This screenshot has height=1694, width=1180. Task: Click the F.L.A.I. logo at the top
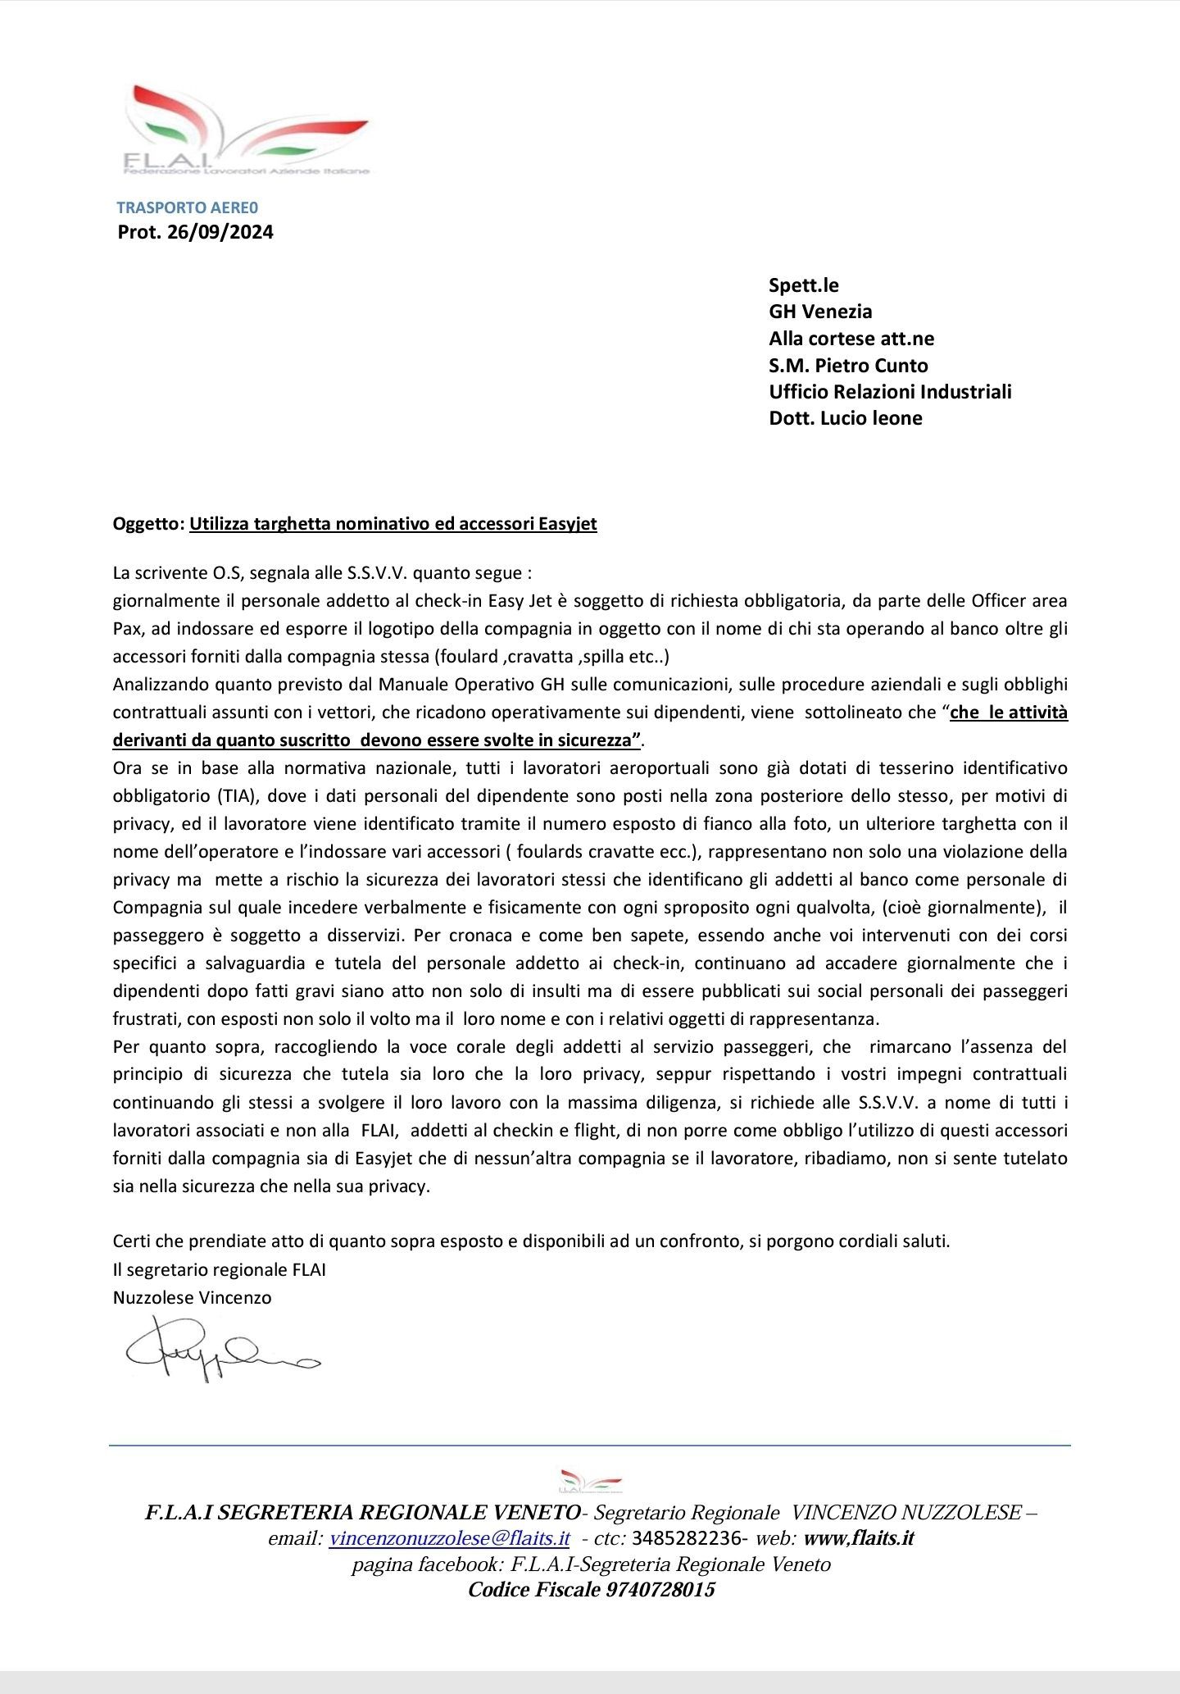246,131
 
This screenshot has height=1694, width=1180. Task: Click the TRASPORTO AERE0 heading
187,208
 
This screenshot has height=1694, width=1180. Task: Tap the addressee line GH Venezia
820,312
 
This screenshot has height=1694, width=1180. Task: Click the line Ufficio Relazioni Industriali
890,392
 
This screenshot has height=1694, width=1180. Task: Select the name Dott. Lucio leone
846,418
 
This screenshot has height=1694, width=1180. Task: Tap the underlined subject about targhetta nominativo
393,524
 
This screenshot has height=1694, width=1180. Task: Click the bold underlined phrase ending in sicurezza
377,740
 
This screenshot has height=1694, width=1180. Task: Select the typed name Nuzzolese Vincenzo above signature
192,1298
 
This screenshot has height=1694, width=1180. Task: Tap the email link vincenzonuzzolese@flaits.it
449,1538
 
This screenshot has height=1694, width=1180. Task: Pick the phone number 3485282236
687,1538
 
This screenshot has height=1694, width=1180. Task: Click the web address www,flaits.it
859,1538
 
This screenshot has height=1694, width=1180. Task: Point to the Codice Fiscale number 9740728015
660,1590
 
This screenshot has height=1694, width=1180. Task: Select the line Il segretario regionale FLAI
220,1270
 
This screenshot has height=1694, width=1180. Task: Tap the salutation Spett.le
804,285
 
